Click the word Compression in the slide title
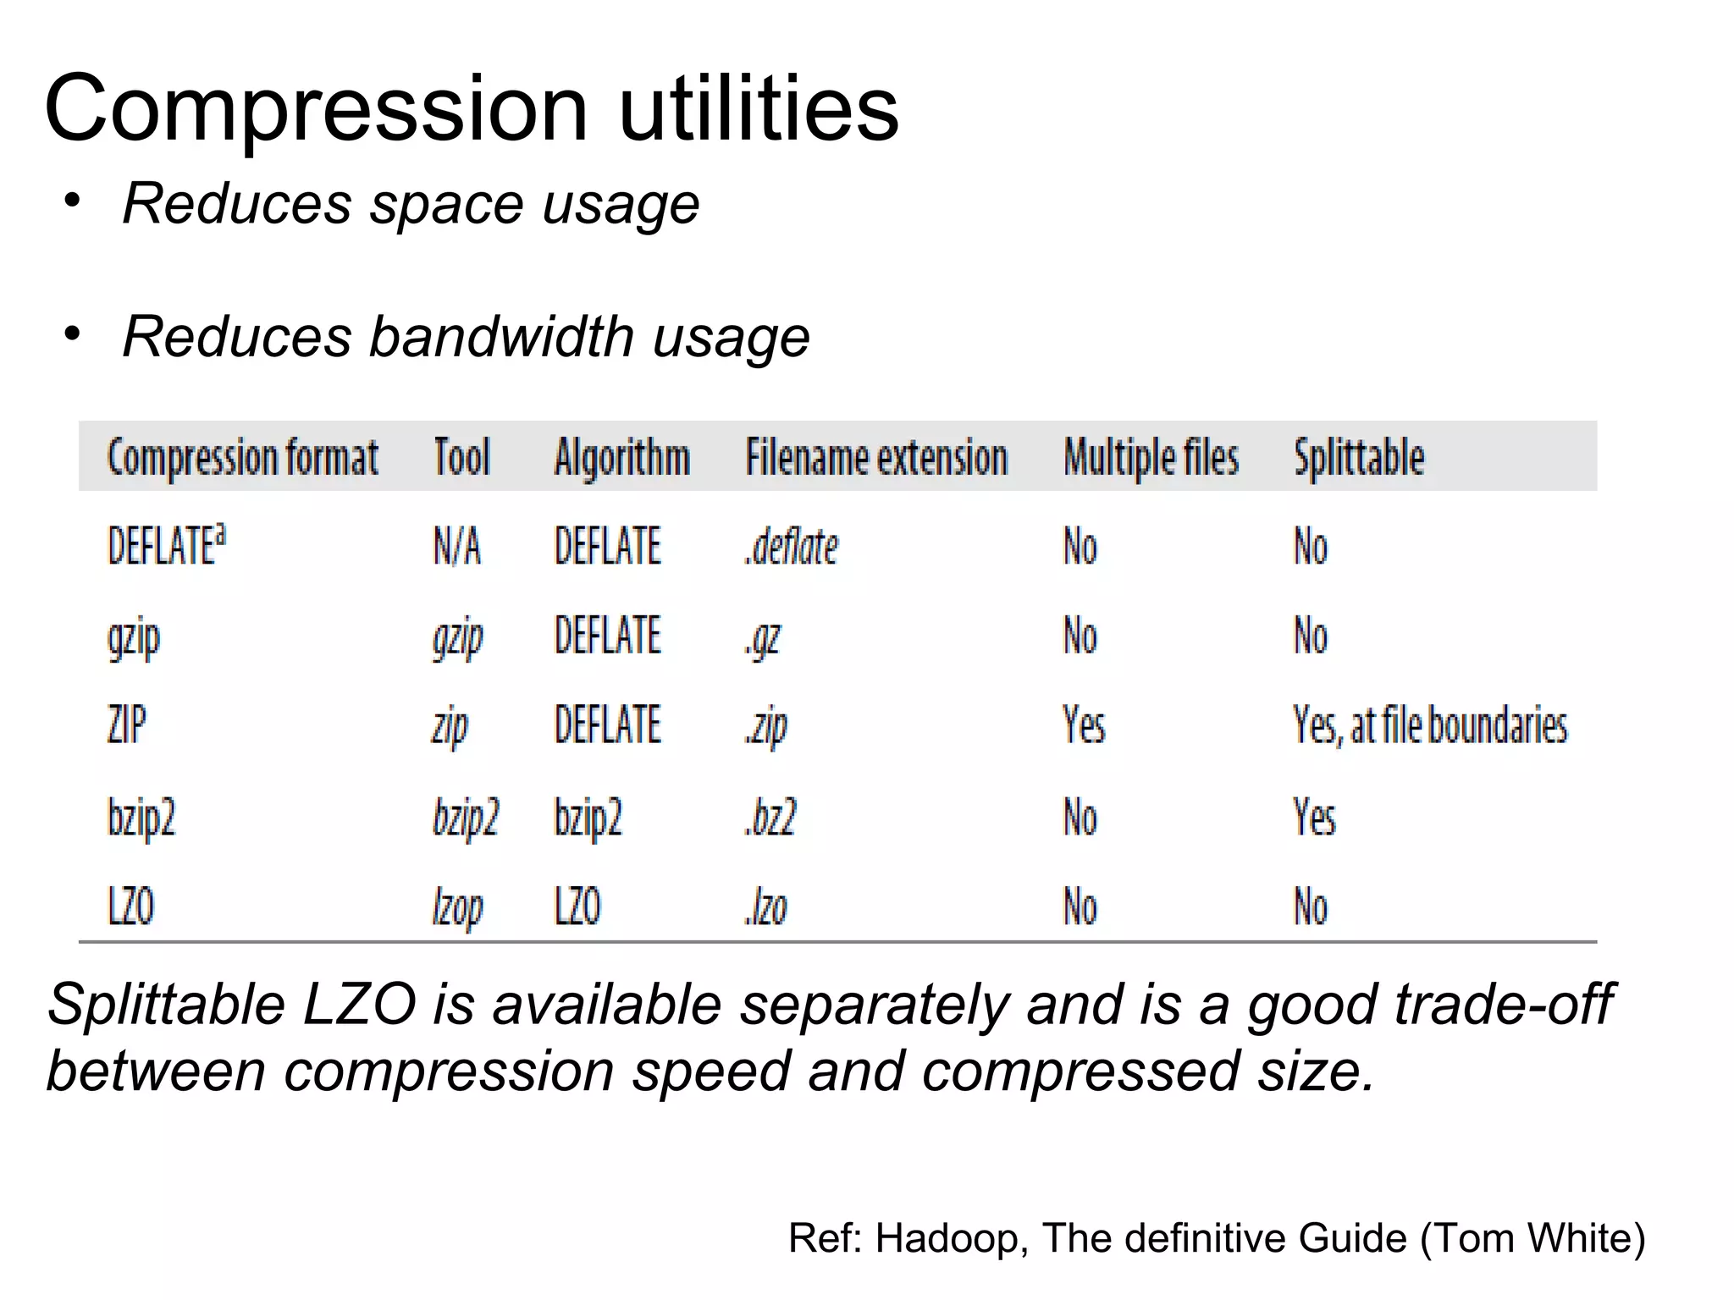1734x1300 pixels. tap(316, 110)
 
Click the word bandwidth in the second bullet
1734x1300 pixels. tap(502, 337)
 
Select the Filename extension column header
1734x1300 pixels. tap(876, 457)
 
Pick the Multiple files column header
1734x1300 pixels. tap(1151, 457)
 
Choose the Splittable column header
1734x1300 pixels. tap(1359, 457)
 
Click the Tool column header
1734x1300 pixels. tap(461, 457)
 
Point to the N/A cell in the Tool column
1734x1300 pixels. tap(457, 546)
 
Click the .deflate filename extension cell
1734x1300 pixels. tap(791, 547)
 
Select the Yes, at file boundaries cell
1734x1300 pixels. tap(1430, 725)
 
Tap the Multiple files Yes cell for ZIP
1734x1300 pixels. tap(1084, 725)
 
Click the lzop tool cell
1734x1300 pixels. tap(457, 908)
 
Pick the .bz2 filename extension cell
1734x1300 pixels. tap(770, 818)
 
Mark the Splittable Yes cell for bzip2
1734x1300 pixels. tap(1314, 818)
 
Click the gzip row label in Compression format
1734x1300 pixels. tap(134, 637)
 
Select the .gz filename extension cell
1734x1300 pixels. tap(763, 637)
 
